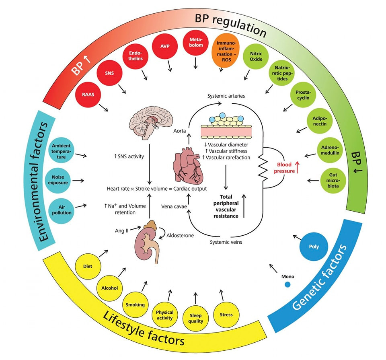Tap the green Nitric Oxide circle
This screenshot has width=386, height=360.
(x=256, y=56)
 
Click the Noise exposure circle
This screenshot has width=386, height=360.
(x=62, y=180)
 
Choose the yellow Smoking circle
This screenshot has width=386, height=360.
(x=135, y=304)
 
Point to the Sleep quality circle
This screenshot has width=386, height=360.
(x=196, y=318)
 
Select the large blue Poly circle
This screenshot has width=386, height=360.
(x=313, y=247)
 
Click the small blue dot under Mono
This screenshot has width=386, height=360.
(x=287, y=285)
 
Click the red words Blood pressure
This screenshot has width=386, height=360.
(x=285, y=168)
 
